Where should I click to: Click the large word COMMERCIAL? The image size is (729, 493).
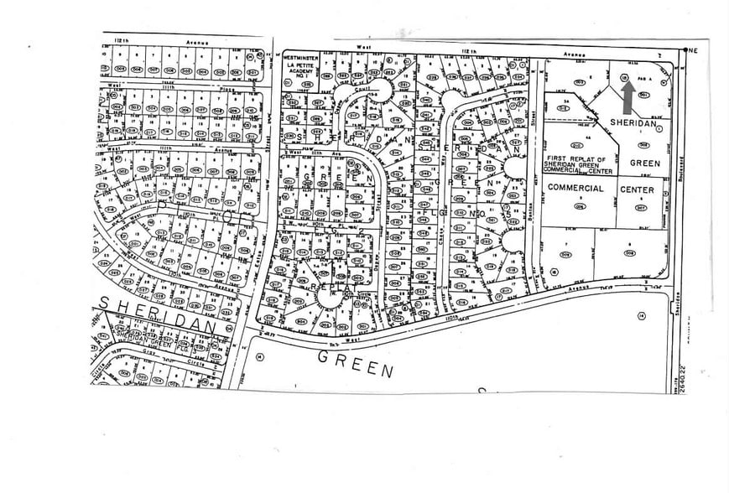click(x=575, y=189)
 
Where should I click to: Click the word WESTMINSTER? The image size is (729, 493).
click(x=299, y=57)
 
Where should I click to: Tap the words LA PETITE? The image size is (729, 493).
click(x=299, y=65)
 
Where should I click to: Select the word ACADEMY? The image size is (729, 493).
click(x=299, y=73)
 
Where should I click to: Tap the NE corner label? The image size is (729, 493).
click(x=692, y=50)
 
